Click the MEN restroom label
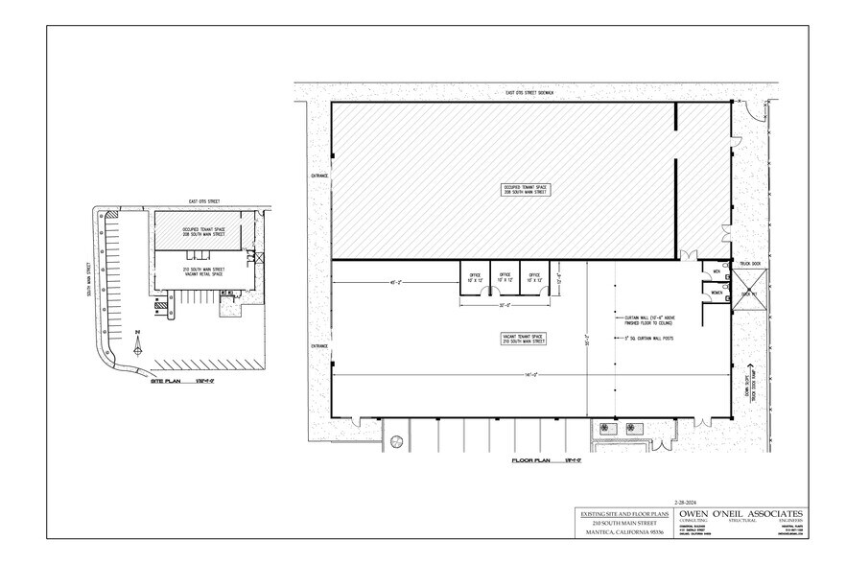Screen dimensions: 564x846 717,271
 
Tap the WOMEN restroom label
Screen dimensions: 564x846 717,293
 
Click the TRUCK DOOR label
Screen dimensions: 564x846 749,262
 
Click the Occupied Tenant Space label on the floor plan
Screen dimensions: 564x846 528,189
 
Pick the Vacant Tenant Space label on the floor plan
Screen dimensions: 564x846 525,339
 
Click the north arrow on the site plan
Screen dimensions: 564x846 138,338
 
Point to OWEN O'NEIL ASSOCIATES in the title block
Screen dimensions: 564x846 740,514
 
